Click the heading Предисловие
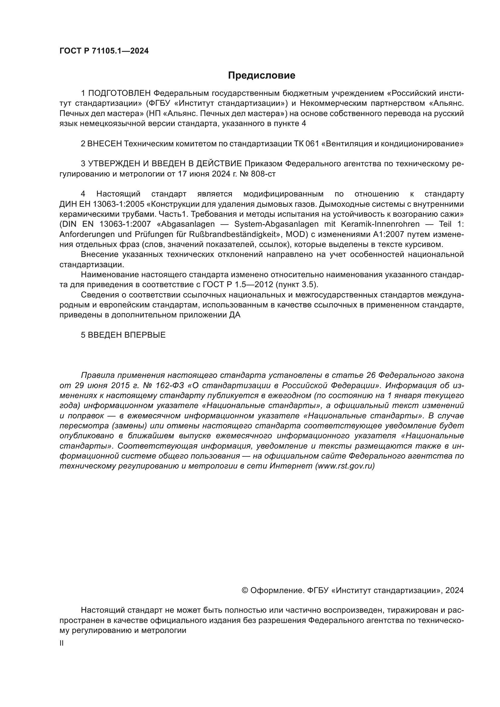coord(261,76)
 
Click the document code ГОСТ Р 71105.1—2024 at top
coord(104,51)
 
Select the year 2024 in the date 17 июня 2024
coord(221,174)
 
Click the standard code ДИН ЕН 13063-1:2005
coord(102,204)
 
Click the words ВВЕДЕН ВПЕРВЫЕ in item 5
coord(127,335)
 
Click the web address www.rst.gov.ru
coord(345,466)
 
